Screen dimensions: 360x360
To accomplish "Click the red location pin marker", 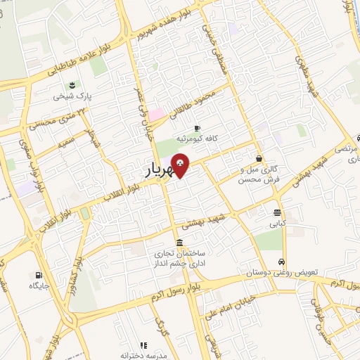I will [x=180, y=164].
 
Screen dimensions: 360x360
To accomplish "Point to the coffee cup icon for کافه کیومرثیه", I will [x=196, y=127].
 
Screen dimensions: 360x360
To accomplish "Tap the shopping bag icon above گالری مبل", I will [x=260, y=158].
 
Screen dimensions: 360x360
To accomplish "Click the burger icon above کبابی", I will [x=278, y=212].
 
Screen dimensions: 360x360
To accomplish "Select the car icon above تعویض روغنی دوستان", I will [x=283, y=258].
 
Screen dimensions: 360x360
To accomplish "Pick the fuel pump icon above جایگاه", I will [x=37, y=274].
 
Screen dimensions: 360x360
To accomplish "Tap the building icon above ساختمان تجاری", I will [x=180, y=243].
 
